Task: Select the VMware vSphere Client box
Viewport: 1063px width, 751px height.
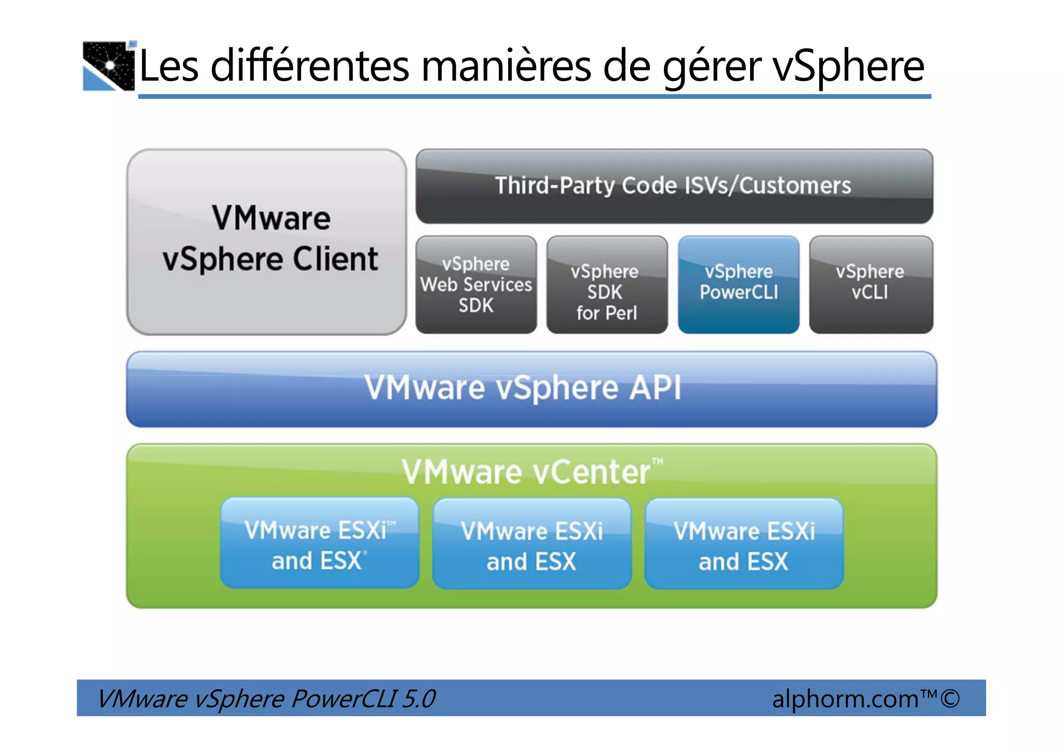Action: pyautogui.click(x=266, y=242)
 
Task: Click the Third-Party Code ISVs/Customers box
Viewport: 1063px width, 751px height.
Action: pyautogui.click(x=674, y=186)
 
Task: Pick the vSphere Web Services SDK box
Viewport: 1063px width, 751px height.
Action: pyautogui.click(x=476, y=284)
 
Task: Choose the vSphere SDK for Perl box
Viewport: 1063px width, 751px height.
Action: pyautogui.click(x=606, y=285)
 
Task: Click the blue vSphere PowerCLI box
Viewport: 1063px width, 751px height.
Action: pyautogui.click(x=738, y=284)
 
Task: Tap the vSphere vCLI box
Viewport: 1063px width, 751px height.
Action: pyautogui.click(x=870, y=284)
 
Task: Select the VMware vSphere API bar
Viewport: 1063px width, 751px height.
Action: pyautogui.click(x=531, y=389)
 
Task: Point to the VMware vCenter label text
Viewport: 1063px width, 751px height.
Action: pyautogui.click(x=526, y=472)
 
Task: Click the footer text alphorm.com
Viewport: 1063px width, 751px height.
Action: pyautogui.click(x=845, y=699)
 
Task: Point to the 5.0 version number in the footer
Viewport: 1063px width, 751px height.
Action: pyautogui.click(x=418, y=699)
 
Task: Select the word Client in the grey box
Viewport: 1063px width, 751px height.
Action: pyautogui.click(x=335, y=259)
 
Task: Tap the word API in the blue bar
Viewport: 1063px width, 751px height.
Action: pyautogui.click(x=655, y=388)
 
